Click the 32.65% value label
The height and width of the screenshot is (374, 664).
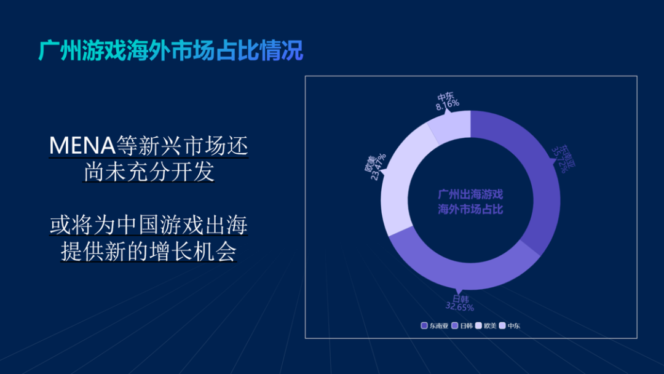(459, 307)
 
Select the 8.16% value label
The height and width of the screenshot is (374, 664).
(448, 105)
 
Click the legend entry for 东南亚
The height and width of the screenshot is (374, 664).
(435, 325)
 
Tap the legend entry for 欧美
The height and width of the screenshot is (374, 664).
(486, 325)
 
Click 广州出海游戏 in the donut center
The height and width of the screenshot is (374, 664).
(470, 194)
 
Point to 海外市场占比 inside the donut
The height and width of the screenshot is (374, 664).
(470, 210)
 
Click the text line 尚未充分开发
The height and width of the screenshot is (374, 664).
(149, 173)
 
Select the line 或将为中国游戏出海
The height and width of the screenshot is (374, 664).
(149, 225)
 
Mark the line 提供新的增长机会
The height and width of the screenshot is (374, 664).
(149, 252)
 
